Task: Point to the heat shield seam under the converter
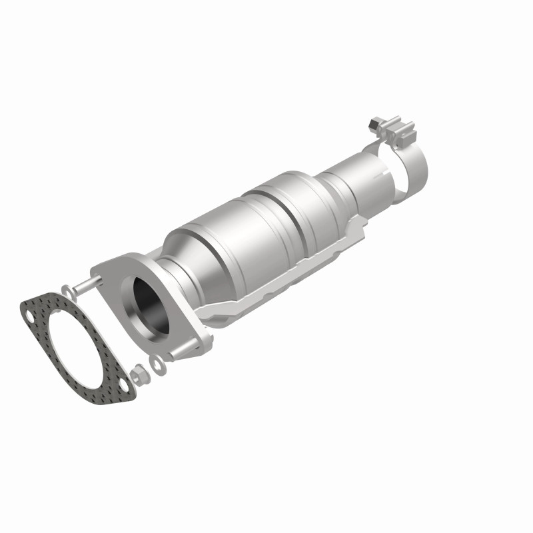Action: tap(266, 293)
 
